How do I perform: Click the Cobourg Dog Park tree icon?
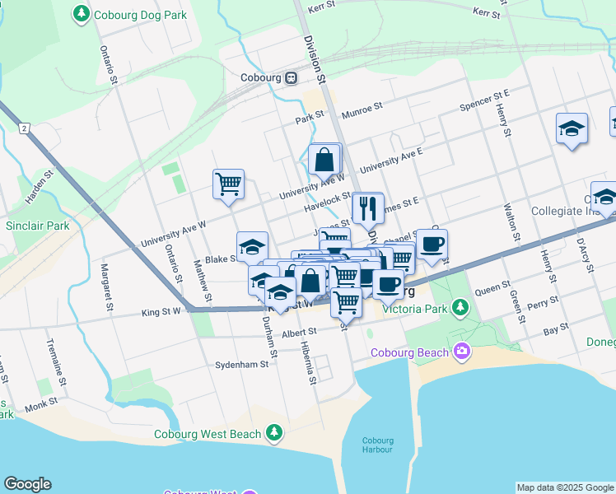81,14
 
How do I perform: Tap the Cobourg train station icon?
292,78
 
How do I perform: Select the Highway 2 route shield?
25,128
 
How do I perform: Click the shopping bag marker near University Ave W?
325,159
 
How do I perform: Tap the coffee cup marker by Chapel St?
432,244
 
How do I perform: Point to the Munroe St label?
363,107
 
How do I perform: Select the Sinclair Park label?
33,225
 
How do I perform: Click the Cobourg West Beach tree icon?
273,433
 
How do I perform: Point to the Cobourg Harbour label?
380,443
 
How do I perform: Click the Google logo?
27,484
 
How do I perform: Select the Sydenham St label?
242,363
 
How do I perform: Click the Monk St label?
40,403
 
